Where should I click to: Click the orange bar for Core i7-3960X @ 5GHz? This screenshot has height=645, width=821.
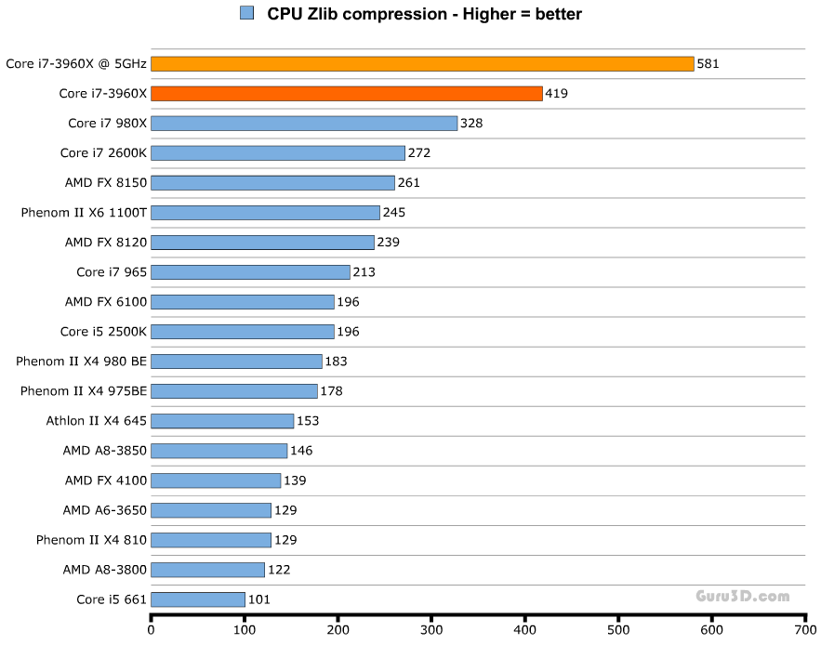(422, 64)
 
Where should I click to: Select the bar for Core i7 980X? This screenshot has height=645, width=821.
(304, 124)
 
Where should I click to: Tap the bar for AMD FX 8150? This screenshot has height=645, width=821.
(272, 183)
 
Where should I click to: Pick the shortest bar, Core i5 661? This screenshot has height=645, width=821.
(198, 599)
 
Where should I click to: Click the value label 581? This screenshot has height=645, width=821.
(708, 64)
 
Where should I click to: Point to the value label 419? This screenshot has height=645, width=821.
(557, 94)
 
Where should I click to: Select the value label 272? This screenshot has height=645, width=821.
(419, 153)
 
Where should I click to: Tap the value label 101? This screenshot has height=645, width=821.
(259, 599)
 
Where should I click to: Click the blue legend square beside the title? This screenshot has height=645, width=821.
(246, 13)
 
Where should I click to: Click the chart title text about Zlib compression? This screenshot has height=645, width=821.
(424, 14)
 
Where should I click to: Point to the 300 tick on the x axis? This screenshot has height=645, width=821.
(432, 630)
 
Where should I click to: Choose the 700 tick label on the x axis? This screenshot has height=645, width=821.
(805, 630)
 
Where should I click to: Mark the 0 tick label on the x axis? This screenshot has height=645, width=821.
(152, 630)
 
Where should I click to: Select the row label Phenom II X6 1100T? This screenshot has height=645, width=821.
(84, 213)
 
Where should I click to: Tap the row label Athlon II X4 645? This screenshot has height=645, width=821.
(97, 421)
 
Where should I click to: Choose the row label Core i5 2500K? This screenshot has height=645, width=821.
(103, 332)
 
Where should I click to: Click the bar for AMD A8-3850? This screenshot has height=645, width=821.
(219, 451)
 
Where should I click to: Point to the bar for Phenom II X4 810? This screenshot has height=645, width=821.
(211, 540)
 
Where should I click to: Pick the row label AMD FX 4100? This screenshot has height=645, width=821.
(105, 480)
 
